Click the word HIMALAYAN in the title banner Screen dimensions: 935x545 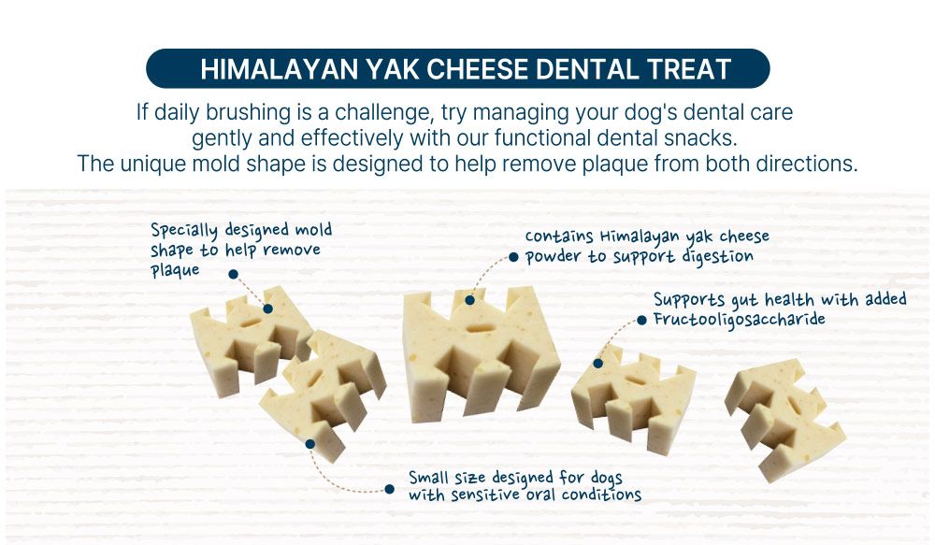tap(279, 69)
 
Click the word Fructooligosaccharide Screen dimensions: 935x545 tap(740, 319)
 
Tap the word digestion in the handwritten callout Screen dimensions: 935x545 tap(717, 256)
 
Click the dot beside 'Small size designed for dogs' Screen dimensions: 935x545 tap(389, 489)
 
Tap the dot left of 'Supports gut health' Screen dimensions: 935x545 tap(641, 321)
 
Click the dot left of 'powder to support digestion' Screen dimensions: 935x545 tap(513, 257)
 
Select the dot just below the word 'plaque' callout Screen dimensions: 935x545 tap(234, 274)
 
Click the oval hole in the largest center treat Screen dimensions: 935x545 tap(477, 328)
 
